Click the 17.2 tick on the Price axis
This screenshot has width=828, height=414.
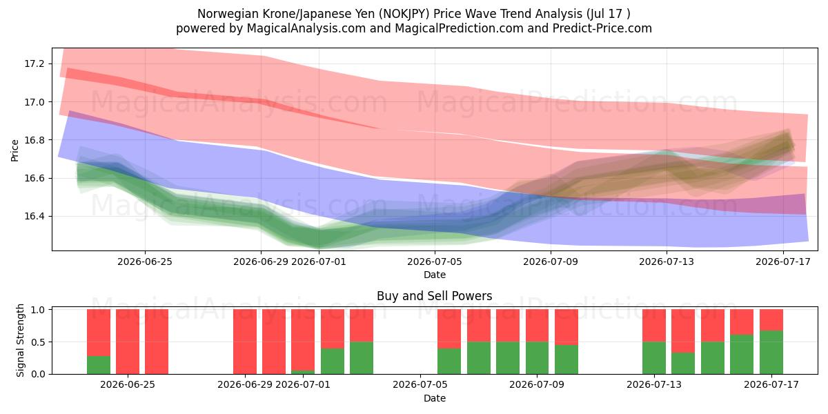[34, 64]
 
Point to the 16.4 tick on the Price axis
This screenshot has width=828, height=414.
[34, 216]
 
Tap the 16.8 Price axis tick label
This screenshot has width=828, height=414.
[34, 140]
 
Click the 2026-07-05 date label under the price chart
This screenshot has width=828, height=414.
[435, 262]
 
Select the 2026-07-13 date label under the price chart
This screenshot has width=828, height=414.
[667, 262]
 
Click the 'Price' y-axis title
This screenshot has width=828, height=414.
[14, 150]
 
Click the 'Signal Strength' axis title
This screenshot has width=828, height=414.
[20, 340]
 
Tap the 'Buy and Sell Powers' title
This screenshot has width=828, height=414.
[434, 296]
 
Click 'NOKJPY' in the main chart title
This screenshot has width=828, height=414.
[405, 14]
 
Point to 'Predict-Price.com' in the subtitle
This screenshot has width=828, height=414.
[602, 28]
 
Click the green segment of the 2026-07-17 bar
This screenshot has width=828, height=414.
[771, 352]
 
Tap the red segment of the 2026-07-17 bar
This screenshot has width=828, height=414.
[771, 319]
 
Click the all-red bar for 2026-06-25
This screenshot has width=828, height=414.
[128, 342]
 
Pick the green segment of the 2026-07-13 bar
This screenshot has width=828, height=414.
[654, 358]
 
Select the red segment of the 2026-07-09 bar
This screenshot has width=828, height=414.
[537, 326]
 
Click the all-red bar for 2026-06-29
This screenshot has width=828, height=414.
[245, 342]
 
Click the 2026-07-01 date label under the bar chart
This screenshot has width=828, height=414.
[303, 385]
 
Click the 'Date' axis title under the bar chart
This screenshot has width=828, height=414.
[434, 398]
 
